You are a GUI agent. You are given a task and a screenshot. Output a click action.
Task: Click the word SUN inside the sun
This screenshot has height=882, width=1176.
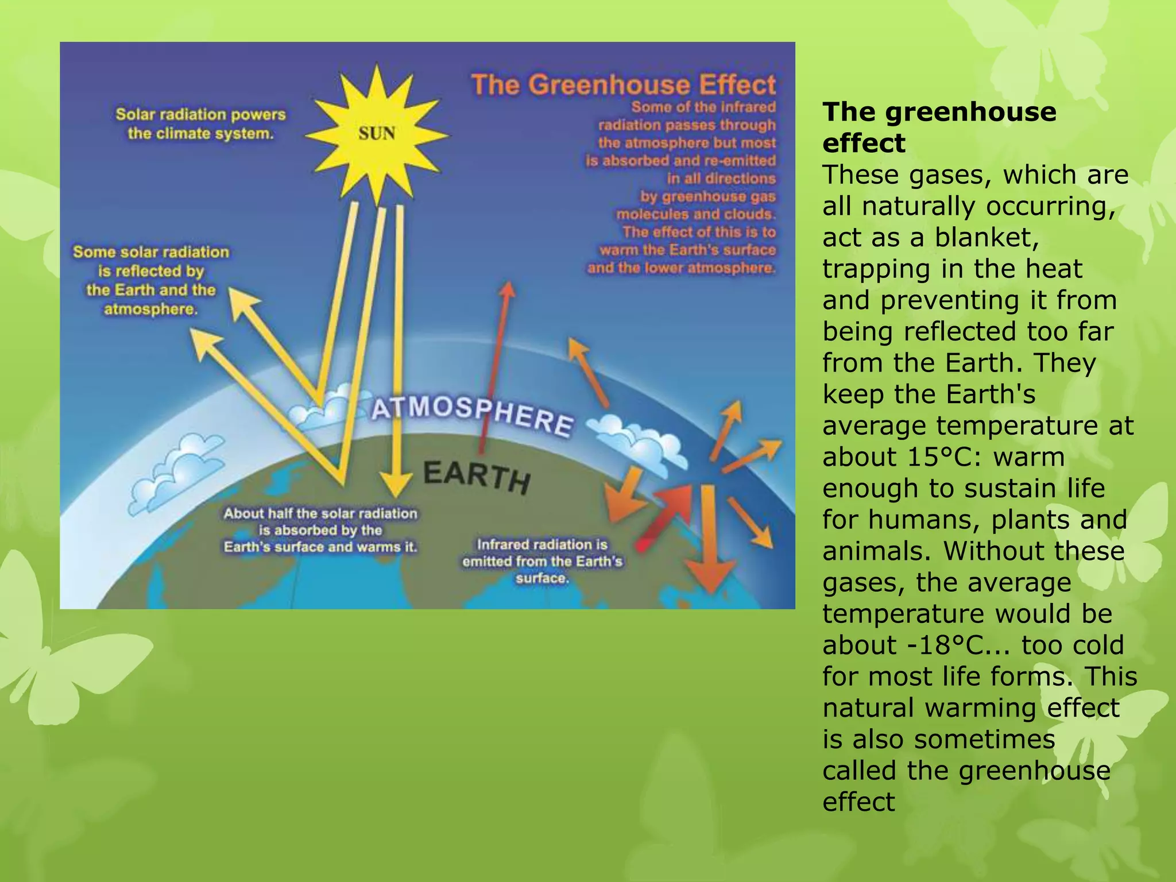pyautogui.click(x=377, y=134)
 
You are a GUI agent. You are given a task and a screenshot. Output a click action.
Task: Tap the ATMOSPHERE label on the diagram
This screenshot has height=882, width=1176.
pyautogui.click(x=472, y=415)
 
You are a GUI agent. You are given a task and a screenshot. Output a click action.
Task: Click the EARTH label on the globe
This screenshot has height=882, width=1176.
pyautogui.click(x=476, y=476)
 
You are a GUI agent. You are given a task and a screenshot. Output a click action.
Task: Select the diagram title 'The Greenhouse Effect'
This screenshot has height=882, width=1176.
pyautogui.click(x=624, y=85)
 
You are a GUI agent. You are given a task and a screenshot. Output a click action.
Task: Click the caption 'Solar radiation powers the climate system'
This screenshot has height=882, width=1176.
pyautogui.click(x=200, y=124)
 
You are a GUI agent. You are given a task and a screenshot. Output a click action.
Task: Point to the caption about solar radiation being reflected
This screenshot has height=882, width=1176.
pyautogui.click(x=151, y=280)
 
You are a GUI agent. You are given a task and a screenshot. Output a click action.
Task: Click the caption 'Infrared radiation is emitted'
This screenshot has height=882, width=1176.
pyautogui.click(x=542, y=561)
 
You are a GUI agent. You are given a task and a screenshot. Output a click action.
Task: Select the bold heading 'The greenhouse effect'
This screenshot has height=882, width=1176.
pyautogui.click(x=939, y=127)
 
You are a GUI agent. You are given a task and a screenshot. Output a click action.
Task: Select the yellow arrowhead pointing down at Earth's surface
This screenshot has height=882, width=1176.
pyautogui.click(x=396, y=485)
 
